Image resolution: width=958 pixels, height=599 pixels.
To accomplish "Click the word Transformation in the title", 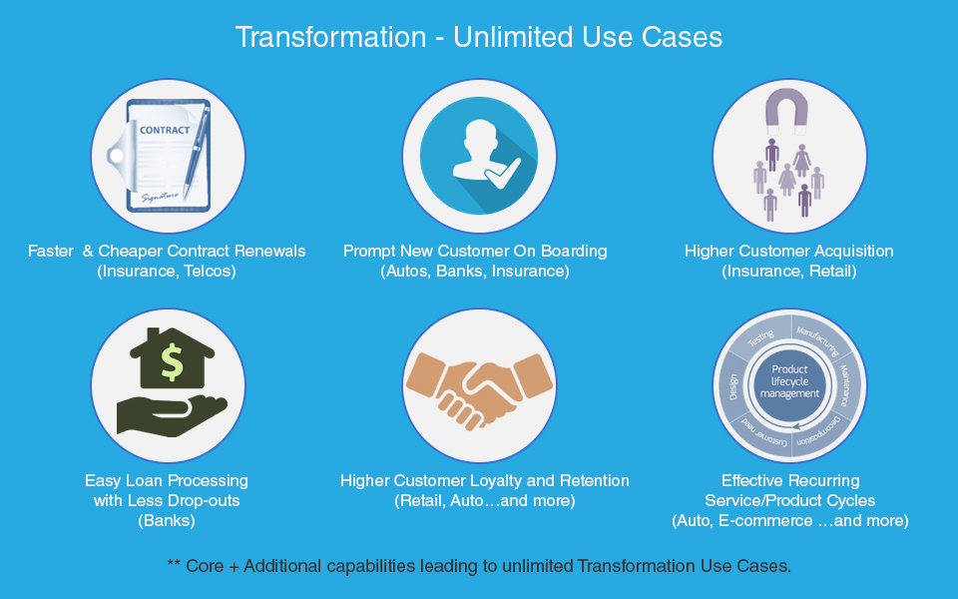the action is (330, 37).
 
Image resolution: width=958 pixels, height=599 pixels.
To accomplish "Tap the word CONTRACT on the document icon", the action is (165, 130).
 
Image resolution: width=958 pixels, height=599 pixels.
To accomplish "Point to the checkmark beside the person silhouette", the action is (502, 174).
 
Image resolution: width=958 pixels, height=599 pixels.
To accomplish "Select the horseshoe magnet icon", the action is (786, 111).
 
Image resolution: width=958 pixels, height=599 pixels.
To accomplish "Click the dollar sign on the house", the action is (172, 361).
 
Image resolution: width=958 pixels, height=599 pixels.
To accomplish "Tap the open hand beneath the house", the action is (172, 415).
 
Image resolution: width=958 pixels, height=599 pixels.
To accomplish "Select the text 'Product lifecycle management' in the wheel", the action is (789, 381).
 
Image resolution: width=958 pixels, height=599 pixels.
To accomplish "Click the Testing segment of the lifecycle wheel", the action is (760, 338).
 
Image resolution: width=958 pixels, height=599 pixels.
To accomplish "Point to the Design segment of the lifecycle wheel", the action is (733, 387).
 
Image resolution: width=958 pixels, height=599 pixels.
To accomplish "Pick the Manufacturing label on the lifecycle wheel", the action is (817, 340).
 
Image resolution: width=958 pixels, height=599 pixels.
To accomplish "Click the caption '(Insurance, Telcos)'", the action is (167, 271).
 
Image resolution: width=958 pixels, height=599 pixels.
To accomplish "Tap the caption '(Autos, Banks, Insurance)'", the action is (475, 271).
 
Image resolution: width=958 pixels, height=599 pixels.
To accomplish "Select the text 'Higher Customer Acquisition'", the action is (788, 251).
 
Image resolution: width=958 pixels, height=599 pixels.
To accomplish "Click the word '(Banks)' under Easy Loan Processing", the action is (167, 521).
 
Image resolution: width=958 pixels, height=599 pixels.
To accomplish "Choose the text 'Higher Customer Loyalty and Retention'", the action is (485, 480).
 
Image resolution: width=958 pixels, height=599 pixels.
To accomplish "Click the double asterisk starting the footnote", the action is (174, 562).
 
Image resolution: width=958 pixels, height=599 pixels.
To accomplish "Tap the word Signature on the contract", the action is (160, 197).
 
